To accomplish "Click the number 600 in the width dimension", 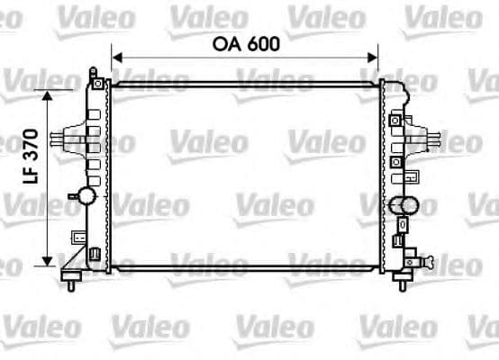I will [x=263, y=43].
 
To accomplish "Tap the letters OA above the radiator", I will [x=228, y=43].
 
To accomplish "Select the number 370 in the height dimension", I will [x=32, y=145].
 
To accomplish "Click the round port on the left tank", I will [x=88, y=195].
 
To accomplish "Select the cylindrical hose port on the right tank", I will [x=405, y=205].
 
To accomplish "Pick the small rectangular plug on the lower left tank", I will [x=78, y=238].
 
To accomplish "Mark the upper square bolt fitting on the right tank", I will [x=395, y=119].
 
